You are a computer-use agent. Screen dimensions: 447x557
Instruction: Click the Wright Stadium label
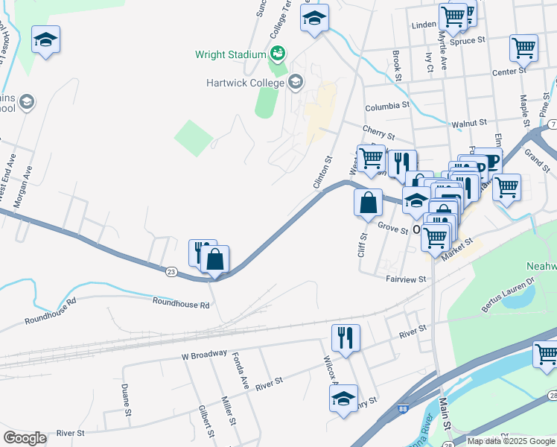click(230, 54)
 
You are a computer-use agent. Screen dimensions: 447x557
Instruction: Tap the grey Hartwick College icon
click(295, 82)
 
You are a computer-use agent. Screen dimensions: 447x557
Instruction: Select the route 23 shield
click(172, 273)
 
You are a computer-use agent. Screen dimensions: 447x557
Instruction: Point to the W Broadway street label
click(203, 357)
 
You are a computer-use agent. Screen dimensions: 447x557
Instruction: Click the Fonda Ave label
click(240, 369)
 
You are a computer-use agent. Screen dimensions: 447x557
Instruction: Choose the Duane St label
click(126, 399)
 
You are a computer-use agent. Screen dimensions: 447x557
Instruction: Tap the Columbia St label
click(387, 106)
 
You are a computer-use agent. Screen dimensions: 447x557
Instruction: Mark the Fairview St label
click(405, 279)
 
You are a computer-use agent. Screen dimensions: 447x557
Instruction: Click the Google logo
click(25, 437)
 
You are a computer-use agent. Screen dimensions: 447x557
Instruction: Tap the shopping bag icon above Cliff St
click(369, 202)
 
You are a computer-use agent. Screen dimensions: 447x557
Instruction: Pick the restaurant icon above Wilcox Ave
click(346, 337)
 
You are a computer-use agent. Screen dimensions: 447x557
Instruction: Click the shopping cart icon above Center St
click(523, 48)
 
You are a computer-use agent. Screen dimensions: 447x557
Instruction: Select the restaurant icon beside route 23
click(201, 252)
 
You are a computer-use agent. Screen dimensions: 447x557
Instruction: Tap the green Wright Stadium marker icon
click(278, 53)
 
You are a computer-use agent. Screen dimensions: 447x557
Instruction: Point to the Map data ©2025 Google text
click(511, 441)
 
